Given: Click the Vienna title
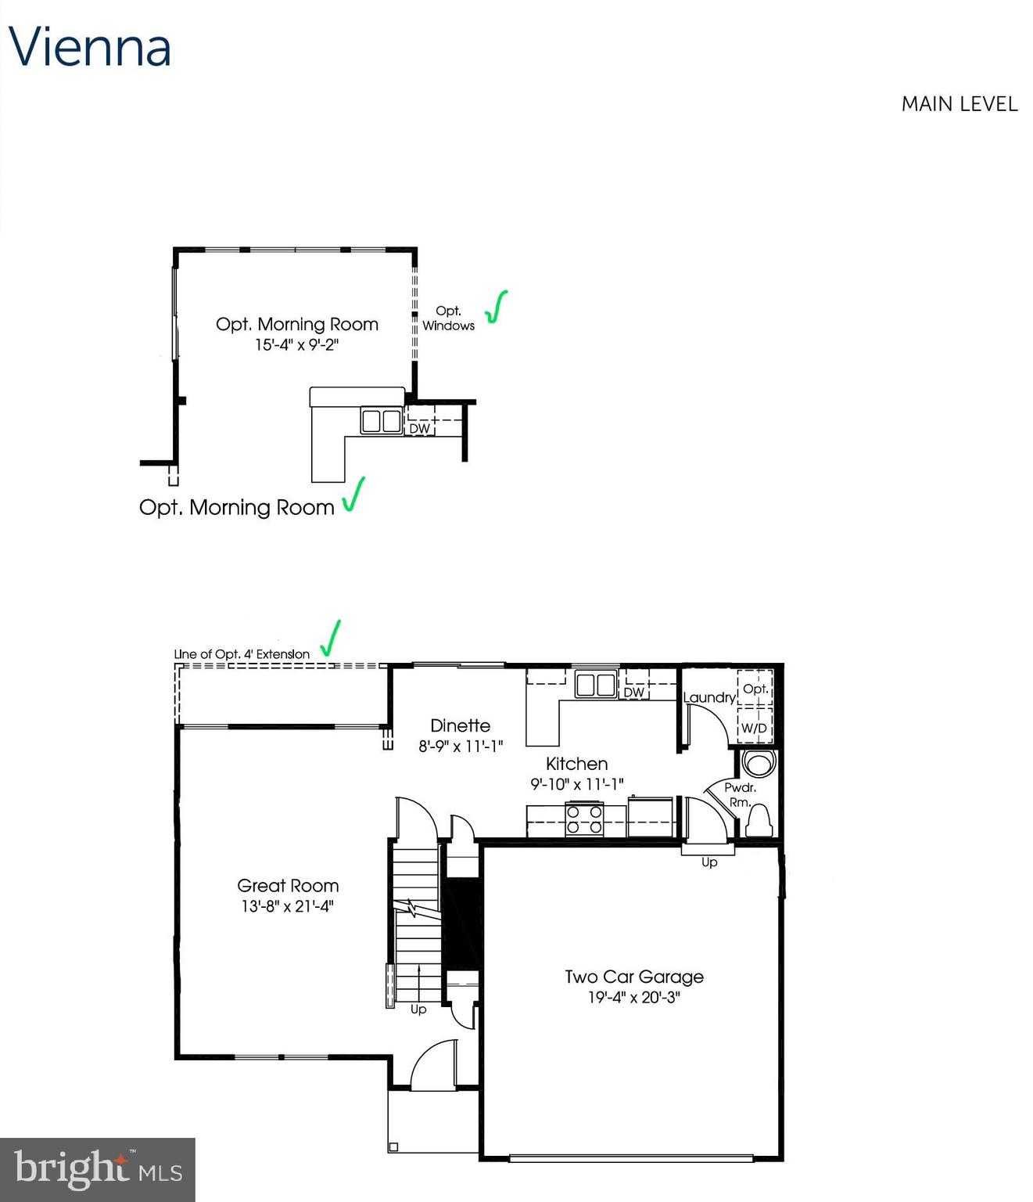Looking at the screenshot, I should coord(90,47).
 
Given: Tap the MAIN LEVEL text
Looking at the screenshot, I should coord(959,104).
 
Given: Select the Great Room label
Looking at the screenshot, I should coord(288,886).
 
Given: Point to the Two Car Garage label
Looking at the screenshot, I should coord(634,977).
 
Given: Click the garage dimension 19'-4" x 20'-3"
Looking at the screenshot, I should coord(634,998).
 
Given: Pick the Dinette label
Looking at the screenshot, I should coord(460,725).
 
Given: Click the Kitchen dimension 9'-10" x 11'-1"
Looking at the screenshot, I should coord(577,783).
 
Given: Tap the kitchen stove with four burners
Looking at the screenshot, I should coord(585,819).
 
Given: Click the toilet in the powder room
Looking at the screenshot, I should coord(759,822).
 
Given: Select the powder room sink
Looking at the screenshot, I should coord(757,762).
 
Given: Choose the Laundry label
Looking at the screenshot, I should coord(709,697).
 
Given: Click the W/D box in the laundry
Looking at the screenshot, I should coord(754,728).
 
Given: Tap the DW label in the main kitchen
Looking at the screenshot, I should coord(633,693).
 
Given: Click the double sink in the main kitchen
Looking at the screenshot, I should coord(596,684).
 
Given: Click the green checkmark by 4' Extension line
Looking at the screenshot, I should coord(331,639).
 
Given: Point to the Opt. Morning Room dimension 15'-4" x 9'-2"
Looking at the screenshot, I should coord(296,345).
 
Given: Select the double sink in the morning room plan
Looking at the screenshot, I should coord(381,421).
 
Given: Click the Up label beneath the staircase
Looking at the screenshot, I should coord(418,1009).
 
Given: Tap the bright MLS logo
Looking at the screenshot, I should coord(97,1169).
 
